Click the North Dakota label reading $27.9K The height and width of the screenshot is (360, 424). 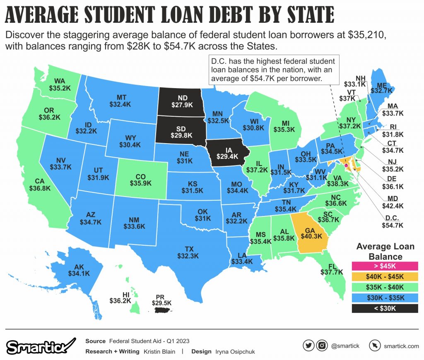pos(182,101)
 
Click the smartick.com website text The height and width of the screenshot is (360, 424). pos(401,346)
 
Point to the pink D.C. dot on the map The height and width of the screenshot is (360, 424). pos(346,165)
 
